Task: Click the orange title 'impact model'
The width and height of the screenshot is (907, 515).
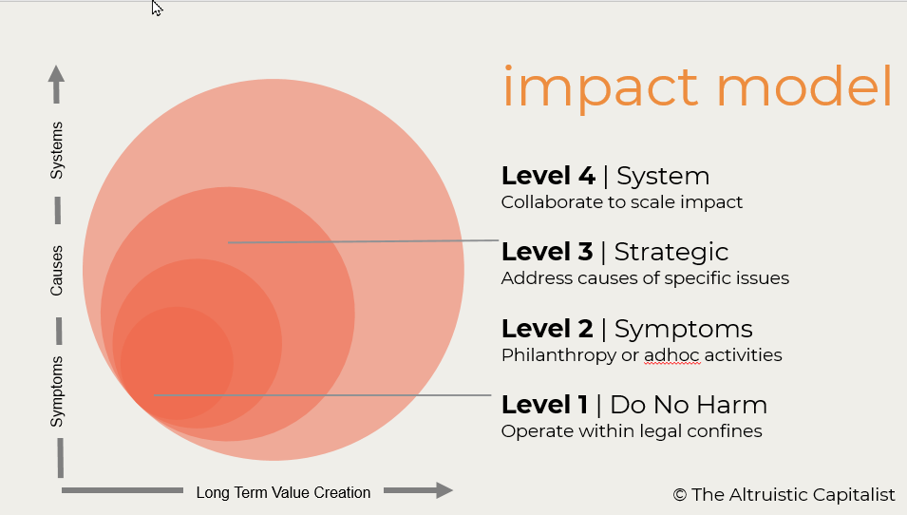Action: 697,86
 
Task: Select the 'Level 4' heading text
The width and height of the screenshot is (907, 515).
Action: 548,176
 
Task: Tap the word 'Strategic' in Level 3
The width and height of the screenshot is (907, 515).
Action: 671,252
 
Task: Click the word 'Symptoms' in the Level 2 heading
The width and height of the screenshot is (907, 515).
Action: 683,329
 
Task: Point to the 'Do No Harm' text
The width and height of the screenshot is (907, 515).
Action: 688,405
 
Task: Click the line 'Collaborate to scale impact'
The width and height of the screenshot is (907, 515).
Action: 622,202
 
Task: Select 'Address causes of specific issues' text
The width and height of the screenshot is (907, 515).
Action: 645,278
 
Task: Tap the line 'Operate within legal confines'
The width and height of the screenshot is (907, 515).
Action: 632,431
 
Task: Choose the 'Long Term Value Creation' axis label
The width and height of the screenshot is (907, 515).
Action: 283,492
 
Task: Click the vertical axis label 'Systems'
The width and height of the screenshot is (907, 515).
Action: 57,150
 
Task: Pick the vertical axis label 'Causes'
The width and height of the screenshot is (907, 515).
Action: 57,271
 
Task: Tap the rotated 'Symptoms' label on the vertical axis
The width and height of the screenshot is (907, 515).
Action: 57,391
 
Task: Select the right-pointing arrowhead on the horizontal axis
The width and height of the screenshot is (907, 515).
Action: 441,490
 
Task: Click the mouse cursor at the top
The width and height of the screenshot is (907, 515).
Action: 157,8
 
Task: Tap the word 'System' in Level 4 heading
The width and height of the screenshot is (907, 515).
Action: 663,176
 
